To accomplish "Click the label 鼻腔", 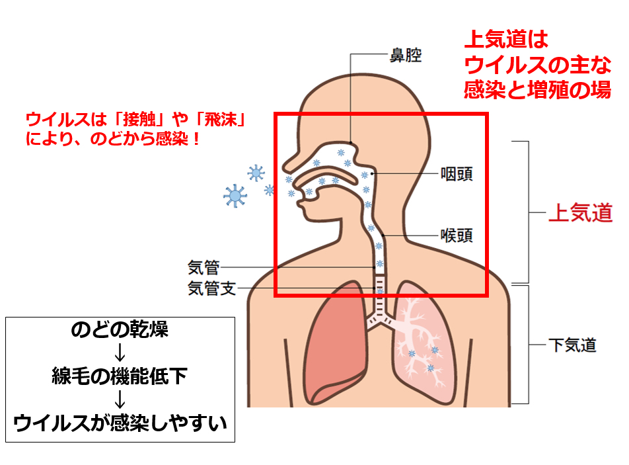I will click(406, 55).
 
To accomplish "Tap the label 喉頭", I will click(457, 235).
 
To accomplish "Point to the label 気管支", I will click(211, 288).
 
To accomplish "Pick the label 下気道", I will click(572, 345).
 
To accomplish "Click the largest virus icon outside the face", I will click(235, 195).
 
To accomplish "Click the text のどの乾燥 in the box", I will click(120, 330).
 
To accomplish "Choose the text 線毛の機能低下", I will click(120, 376).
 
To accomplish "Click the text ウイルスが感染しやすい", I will click(120, 422).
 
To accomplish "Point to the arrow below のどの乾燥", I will click(120, 353).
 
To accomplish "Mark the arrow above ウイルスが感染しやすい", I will click(120, 400).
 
